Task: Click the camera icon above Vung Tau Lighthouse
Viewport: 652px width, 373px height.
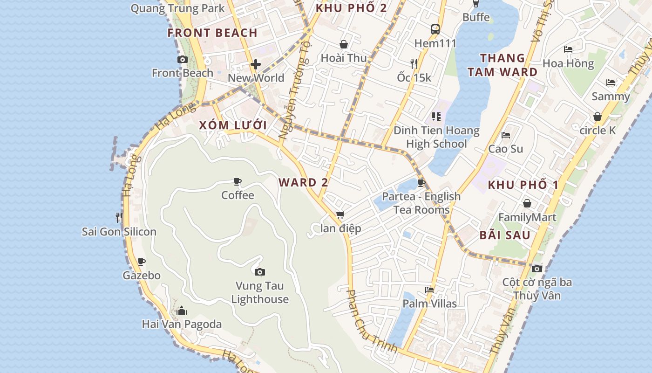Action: click(x=260, y=272)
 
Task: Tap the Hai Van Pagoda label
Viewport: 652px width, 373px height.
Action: click(x=182, y=324)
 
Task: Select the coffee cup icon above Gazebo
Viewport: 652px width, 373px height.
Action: click(x=142, y=262)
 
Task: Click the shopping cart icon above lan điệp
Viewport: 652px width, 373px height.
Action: click(x=340, y=215)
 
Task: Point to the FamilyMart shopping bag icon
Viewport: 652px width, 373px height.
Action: click(x=527, y=203)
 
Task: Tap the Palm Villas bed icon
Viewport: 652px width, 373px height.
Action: click(x=429, y=290)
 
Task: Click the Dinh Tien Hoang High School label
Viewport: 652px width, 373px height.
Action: click(x=436, y=137)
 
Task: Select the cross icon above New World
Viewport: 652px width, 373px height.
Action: click(x=255, y=64)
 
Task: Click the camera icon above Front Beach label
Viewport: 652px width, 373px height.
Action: click(x=183, y=59)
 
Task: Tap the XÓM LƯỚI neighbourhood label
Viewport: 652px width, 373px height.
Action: click(x=233, y=125)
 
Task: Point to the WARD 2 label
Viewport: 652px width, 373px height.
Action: click(x=303, y=182)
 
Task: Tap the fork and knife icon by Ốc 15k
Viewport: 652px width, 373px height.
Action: click(x=414, y=63)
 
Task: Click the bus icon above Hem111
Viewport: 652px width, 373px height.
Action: click(x=435, y=29)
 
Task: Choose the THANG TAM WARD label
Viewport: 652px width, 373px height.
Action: click(x=503, y=65)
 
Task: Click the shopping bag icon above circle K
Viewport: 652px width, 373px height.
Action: click(x=598, y=117)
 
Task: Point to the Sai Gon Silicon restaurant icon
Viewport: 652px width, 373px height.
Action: click(x=119, y=217)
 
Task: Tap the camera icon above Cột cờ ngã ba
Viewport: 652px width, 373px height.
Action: click(x=537, y=269)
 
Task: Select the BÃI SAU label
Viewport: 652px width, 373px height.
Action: click(x=505, y=235)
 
